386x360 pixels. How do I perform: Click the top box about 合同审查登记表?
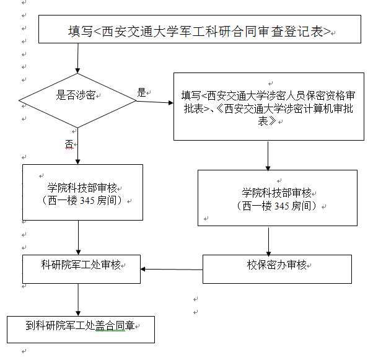point(200,29)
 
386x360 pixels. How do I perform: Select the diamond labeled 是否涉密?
point(77,100)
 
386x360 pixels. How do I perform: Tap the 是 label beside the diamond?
point(141,92)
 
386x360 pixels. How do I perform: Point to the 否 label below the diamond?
point(69,144)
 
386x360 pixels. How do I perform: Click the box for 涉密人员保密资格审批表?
point(269,107)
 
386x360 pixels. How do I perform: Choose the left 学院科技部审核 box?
point(83,192)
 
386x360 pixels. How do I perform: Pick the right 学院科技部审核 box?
point(278,198)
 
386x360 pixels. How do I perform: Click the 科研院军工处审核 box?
point(82,269)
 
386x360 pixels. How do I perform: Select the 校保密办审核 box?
point(277,269)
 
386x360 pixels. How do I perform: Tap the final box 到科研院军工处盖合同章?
point(81,330)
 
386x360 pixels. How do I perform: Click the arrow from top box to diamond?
point(78,58)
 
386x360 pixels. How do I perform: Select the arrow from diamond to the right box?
point(155,102)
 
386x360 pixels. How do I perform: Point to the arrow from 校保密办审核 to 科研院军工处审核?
point(172,270)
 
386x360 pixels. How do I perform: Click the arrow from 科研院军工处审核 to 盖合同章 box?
point(78,300)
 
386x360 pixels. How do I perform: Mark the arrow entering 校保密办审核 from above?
point(268,242)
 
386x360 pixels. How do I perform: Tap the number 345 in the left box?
point(87,200)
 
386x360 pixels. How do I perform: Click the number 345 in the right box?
point(282,206)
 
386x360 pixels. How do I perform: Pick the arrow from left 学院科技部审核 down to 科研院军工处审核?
point(78,237)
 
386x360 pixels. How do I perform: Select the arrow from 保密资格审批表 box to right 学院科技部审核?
point(268,156)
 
